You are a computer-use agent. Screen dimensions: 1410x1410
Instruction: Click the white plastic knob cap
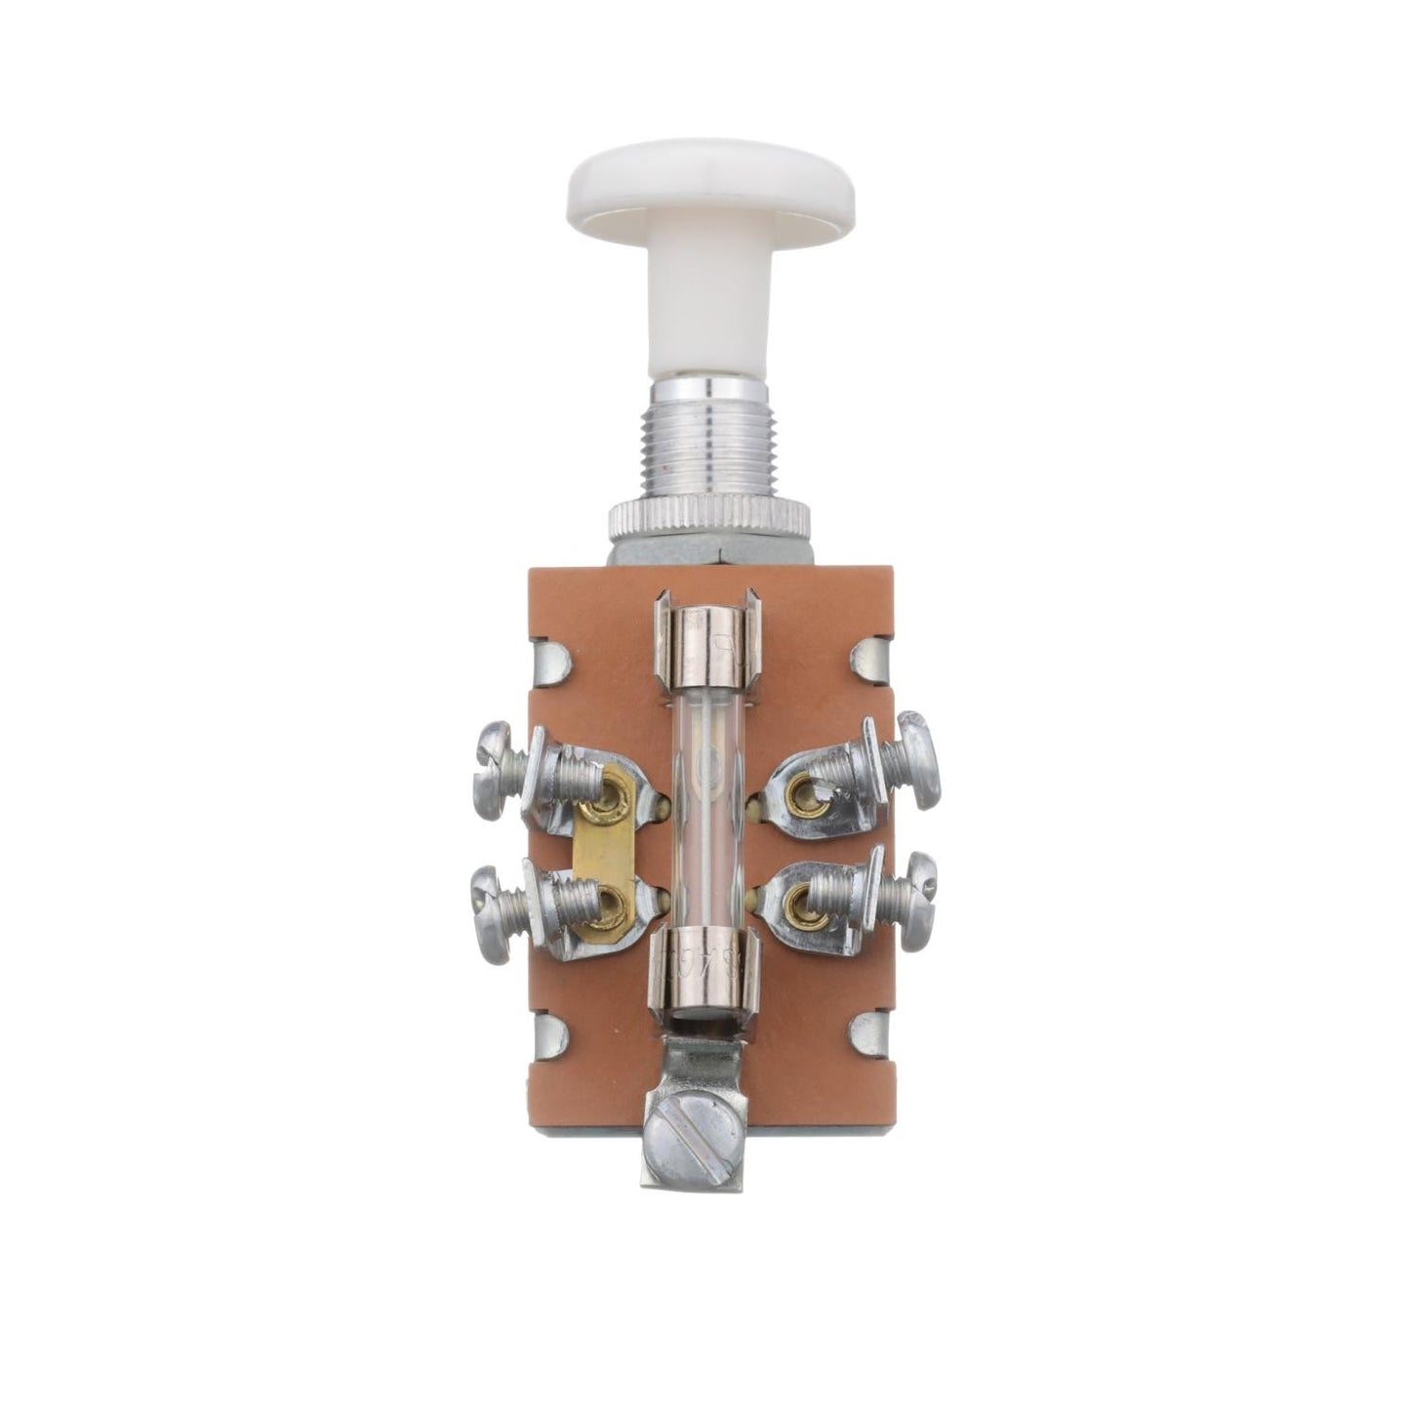[708, 191]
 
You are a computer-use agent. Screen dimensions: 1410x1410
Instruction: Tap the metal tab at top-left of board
[553, 664]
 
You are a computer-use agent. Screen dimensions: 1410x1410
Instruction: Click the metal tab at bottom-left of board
[551, 1035]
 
